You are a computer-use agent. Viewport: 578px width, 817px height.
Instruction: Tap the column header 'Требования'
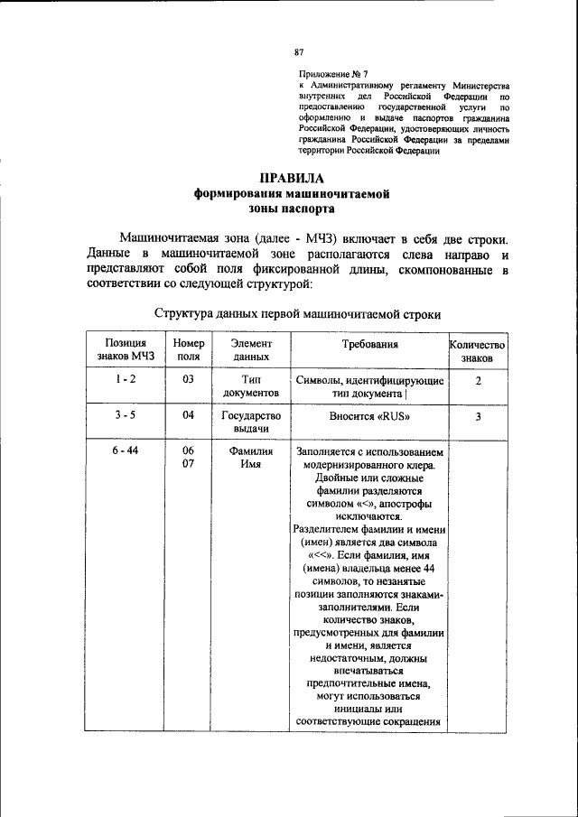(x=369, y=345)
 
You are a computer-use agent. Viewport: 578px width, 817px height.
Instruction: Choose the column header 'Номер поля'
(x=189, y=350)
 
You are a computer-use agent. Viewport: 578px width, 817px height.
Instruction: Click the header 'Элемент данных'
(x=247, y=350)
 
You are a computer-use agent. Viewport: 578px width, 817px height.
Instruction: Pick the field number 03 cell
(x=189, y=381)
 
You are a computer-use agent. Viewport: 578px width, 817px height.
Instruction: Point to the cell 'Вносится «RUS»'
(x=369, y=417)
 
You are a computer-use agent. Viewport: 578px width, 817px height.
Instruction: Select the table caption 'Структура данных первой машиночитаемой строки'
(x=297, y=315)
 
